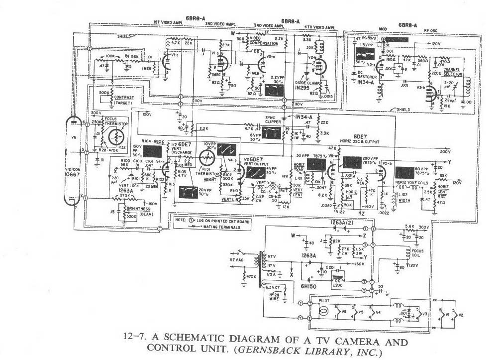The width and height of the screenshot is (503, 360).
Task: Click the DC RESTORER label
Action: pyautogui.click(x=365, y=77)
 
